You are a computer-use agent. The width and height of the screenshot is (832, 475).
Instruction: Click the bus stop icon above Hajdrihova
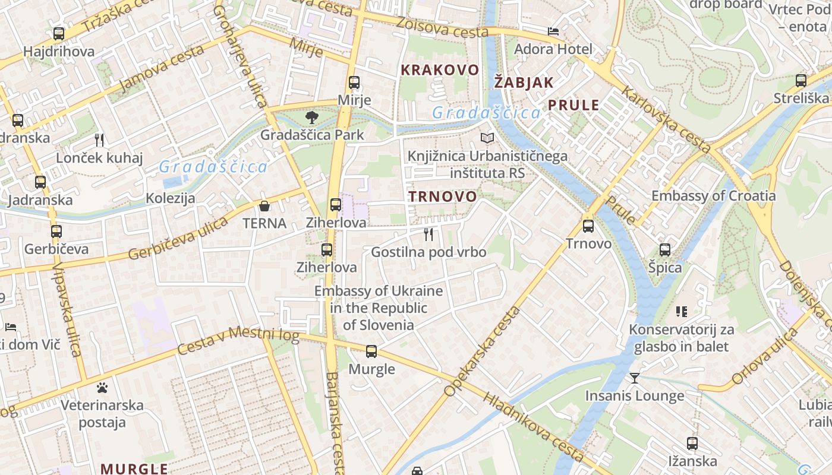coord(58,34)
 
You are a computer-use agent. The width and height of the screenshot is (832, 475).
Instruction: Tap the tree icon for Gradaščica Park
coord(311,118)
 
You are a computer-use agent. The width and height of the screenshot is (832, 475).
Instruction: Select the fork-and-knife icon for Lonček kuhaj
coord(99,140)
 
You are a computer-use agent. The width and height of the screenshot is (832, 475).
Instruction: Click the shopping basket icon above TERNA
coord(264,206)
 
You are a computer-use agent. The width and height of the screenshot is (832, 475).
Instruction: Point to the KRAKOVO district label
coord(440,70)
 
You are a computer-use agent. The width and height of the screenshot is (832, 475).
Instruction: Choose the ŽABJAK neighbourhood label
coord(524,83)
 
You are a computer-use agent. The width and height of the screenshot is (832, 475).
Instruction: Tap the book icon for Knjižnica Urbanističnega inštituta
coord(487,138)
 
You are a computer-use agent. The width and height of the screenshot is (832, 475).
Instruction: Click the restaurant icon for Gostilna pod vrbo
coord(428,235)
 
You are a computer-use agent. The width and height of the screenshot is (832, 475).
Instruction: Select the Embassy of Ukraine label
coord(379,308)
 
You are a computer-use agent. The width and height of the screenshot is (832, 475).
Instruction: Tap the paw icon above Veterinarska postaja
coord(102,388)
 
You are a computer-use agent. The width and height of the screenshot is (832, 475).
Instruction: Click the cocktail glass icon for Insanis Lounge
coord(635,378)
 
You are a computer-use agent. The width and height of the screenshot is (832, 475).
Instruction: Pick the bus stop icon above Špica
coord(664,250)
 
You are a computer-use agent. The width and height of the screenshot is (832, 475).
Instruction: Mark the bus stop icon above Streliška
coord(801,81)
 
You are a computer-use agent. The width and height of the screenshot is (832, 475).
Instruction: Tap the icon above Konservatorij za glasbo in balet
coord(681,311)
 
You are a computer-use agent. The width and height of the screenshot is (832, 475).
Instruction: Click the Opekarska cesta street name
coord(481,351)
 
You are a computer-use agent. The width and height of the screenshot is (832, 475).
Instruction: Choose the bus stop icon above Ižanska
coord(692,443)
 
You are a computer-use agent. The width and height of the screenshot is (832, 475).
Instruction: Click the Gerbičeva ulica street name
coord(178,239)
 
